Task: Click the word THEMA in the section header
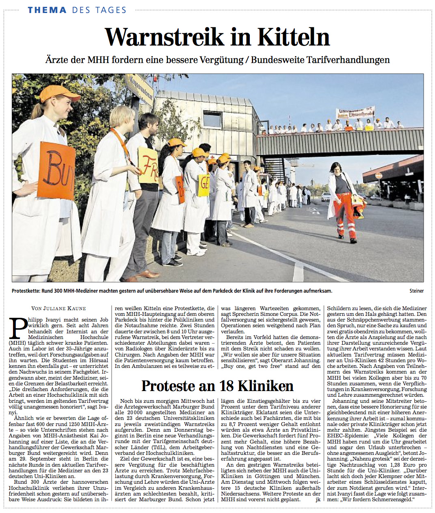click(x=47, y=10)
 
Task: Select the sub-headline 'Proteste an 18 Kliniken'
click(x=217, y=385)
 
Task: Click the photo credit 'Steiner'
click(x=416, y=291)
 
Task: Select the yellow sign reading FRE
click(x=148, y=165)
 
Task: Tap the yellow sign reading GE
click(x=203, y=185)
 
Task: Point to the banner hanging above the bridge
click(x=355, y=113)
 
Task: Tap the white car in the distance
click(x=326, y=197)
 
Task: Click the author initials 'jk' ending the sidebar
click(x=318, y=499)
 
